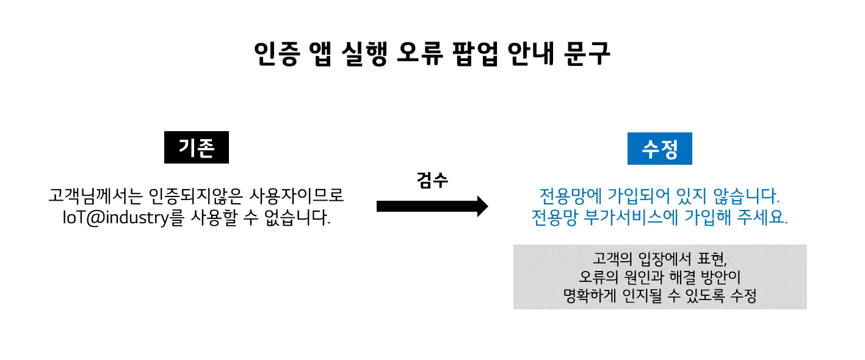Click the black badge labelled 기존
tap(196, 148)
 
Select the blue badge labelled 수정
tap(659, 149)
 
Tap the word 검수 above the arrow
tap(432, 181)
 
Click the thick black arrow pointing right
tap(432, 206)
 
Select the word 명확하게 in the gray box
tap(590, 297)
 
